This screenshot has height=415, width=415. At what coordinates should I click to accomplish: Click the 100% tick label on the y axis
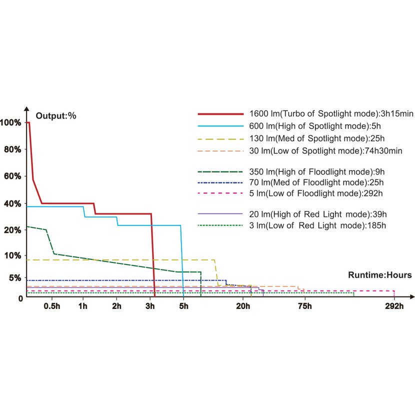click(x=11, y=122)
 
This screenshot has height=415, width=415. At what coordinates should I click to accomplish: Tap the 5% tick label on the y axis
click(x=15, y=278)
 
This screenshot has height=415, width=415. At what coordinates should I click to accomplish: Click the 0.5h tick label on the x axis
click(x=52, y=306)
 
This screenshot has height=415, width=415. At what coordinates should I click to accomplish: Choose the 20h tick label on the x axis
click(x=243, y=306)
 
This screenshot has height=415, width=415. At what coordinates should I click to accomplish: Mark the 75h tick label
click(x=304, y=306)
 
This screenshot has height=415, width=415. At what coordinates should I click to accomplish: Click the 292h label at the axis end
click(x=394, y=306)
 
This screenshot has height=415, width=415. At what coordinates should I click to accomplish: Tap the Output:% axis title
click(x=55, y=116)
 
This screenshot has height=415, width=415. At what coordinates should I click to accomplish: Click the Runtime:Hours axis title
click(x=380, y=275)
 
